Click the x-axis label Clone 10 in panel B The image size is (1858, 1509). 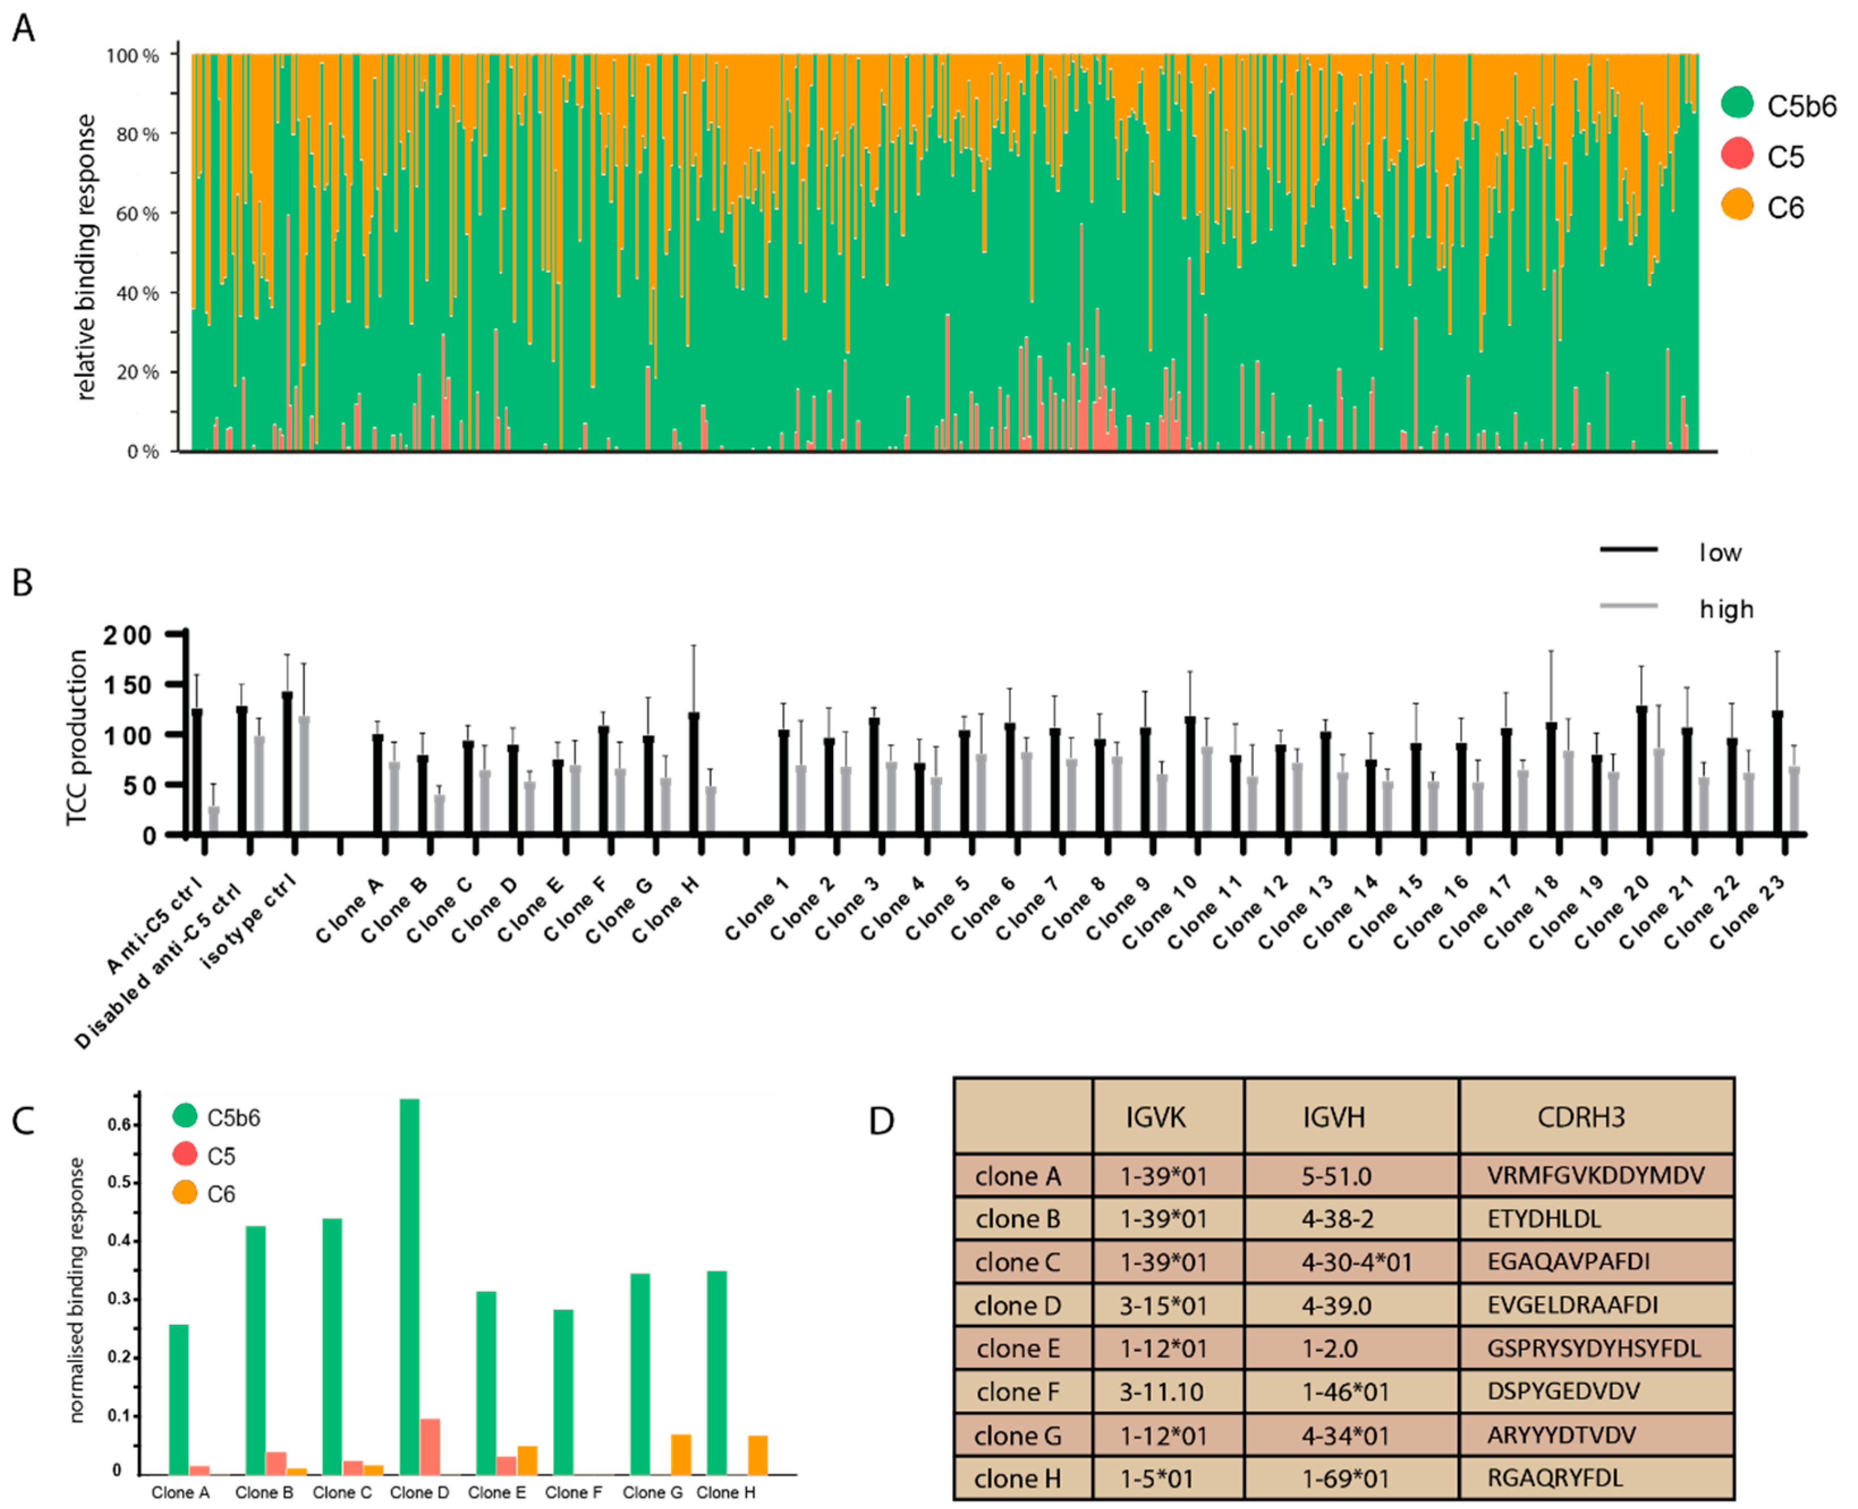(1160, 921)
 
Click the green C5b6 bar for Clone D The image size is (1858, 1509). (409, 1286)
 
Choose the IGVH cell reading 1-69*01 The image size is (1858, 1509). (1344, 1478)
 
